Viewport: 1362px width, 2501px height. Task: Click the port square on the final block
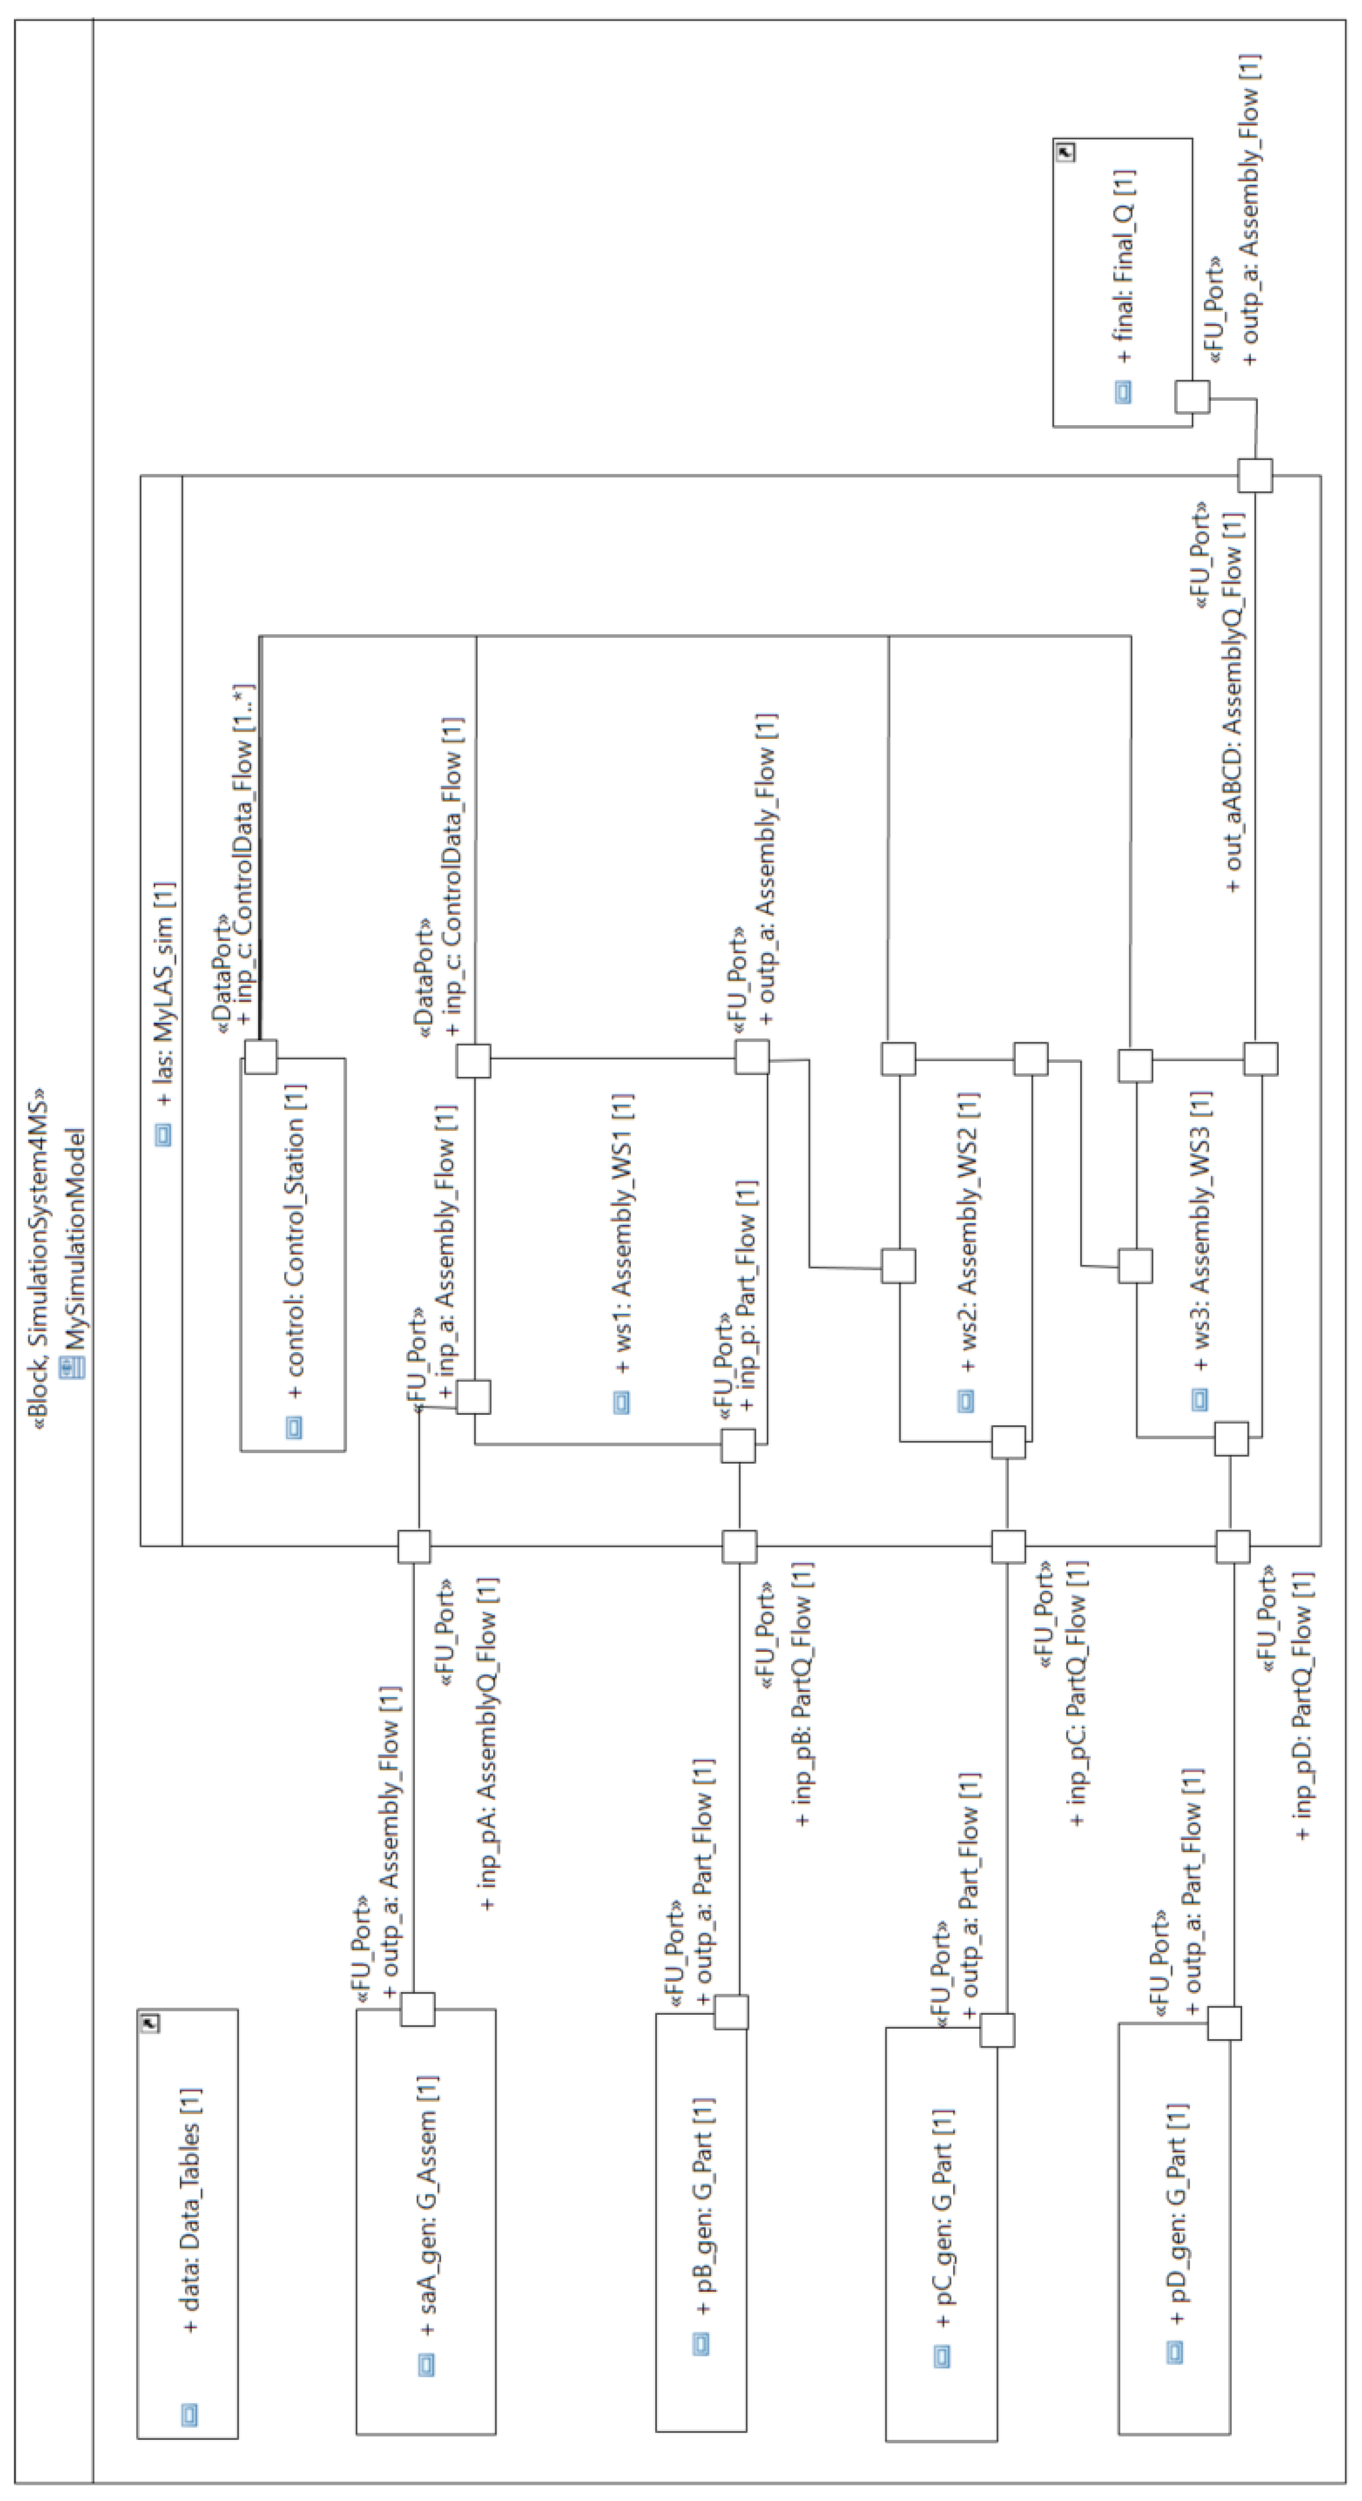1192,396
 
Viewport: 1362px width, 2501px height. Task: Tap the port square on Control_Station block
260,1056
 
